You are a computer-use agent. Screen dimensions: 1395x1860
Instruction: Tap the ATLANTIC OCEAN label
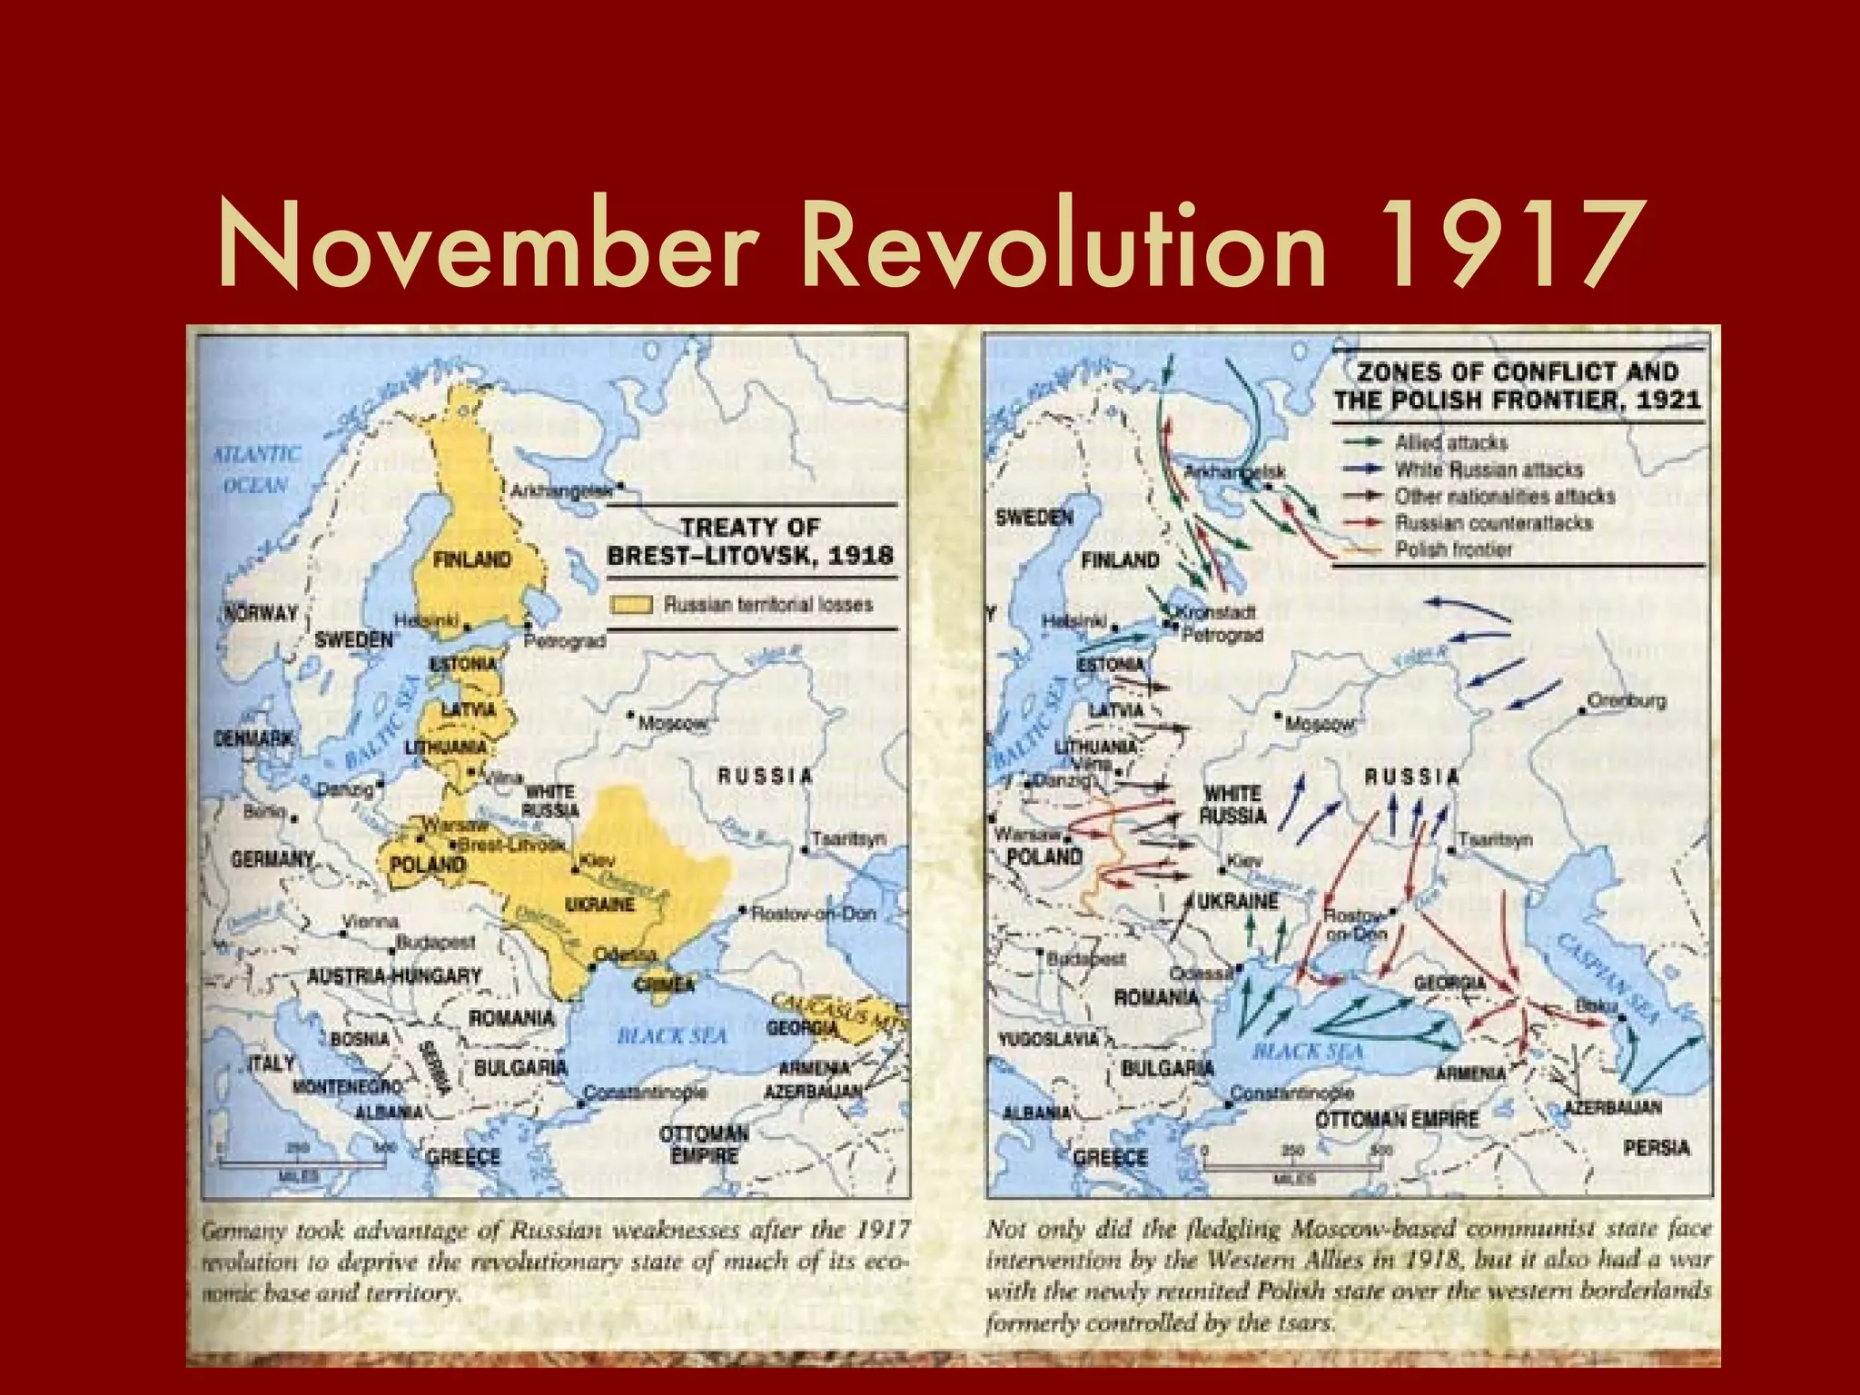[256, 470]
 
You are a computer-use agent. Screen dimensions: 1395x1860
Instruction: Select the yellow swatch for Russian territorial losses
[631, 605]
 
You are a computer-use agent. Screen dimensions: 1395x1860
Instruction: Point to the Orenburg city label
[1627, 700]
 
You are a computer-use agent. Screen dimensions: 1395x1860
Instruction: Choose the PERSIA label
[1657, 1148]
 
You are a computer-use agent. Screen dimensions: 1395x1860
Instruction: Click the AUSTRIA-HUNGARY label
[394, 976]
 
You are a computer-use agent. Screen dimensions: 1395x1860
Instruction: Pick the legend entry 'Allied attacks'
[1450, 442]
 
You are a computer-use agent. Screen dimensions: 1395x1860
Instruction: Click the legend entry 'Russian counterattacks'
[1493, 522]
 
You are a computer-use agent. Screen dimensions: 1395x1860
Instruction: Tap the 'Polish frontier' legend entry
[1453, 549]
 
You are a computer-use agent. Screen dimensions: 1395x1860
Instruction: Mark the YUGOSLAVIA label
[1048, 1038]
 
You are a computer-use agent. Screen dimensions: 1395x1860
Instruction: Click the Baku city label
[1596, 1005]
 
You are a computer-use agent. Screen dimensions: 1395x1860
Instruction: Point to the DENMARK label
[253, 738]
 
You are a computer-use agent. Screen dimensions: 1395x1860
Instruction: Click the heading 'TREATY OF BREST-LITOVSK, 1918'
[750, 541]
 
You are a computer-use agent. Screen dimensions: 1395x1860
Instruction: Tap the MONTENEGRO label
[347, 1086]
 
